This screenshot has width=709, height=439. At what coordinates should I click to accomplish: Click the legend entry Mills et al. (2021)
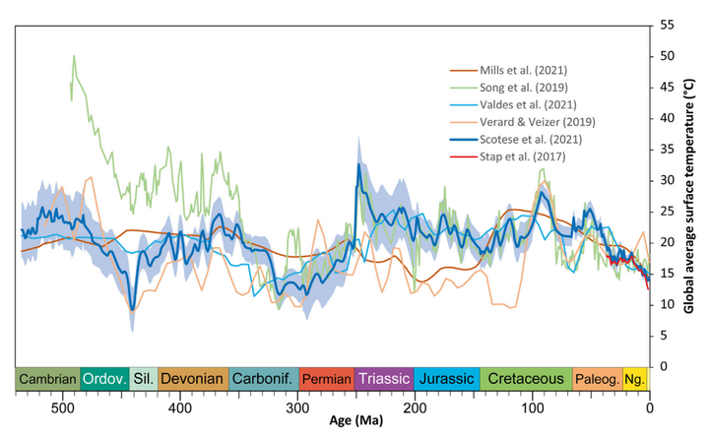(522, 70)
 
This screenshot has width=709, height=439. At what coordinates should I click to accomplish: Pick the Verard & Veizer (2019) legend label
(532, 121)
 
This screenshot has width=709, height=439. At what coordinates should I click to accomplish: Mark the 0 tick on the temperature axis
(662, 366)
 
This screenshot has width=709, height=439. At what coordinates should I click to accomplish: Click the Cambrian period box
(47, 379)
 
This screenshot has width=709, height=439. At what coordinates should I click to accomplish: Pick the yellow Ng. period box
(636, 379)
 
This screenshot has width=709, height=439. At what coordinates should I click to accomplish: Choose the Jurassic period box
(446, 379)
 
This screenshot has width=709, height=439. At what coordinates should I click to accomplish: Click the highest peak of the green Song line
(74, 56)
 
